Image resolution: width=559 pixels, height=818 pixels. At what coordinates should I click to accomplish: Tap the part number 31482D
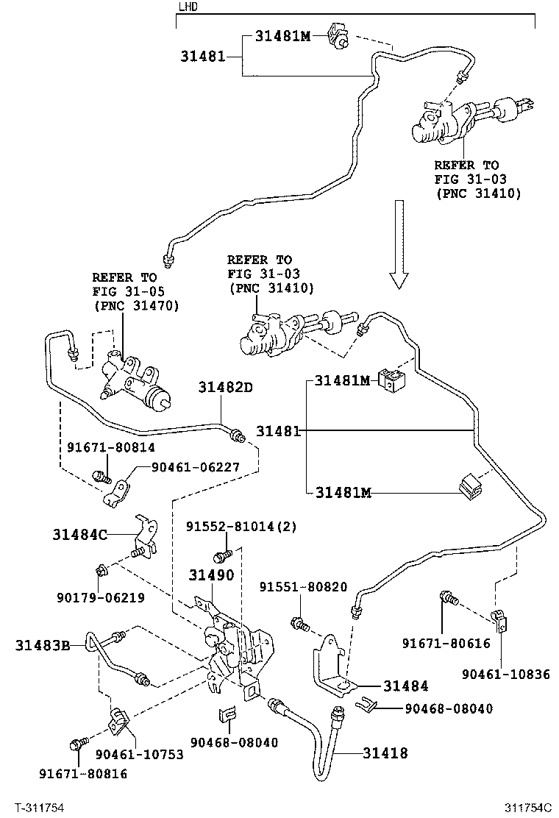(225, 387)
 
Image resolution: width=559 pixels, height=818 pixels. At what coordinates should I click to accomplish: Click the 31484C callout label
(80, 534)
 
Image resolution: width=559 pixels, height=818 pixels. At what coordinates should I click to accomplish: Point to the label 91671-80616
(446, 643)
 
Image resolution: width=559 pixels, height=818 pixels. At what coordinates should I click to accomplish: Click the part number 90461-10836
(506, 674)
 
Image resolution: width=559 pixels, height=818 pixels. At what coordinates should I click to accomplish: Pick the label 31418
(385, 753)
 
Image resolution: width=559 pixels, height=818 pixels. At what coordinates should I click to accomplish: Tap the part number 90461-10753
(140, 754)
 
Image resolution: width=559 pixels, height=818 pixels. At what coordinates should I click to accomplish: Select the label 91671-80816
(83, 773)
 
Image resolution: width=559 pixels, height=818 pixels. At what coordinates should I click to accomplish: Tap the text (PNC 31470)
(136, 305)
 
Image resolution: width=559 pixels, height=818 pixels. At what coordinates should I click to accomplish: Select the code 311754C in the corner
(527, 808)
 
